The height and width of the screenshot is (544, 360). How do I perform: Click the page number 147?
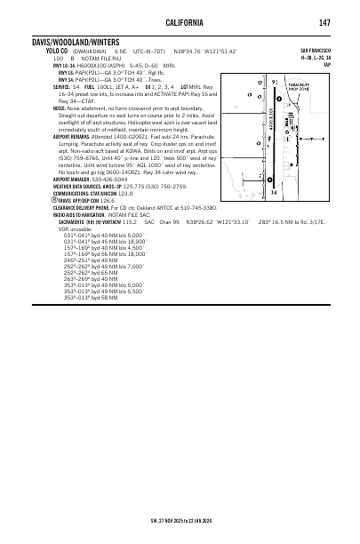coord(325,22)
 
